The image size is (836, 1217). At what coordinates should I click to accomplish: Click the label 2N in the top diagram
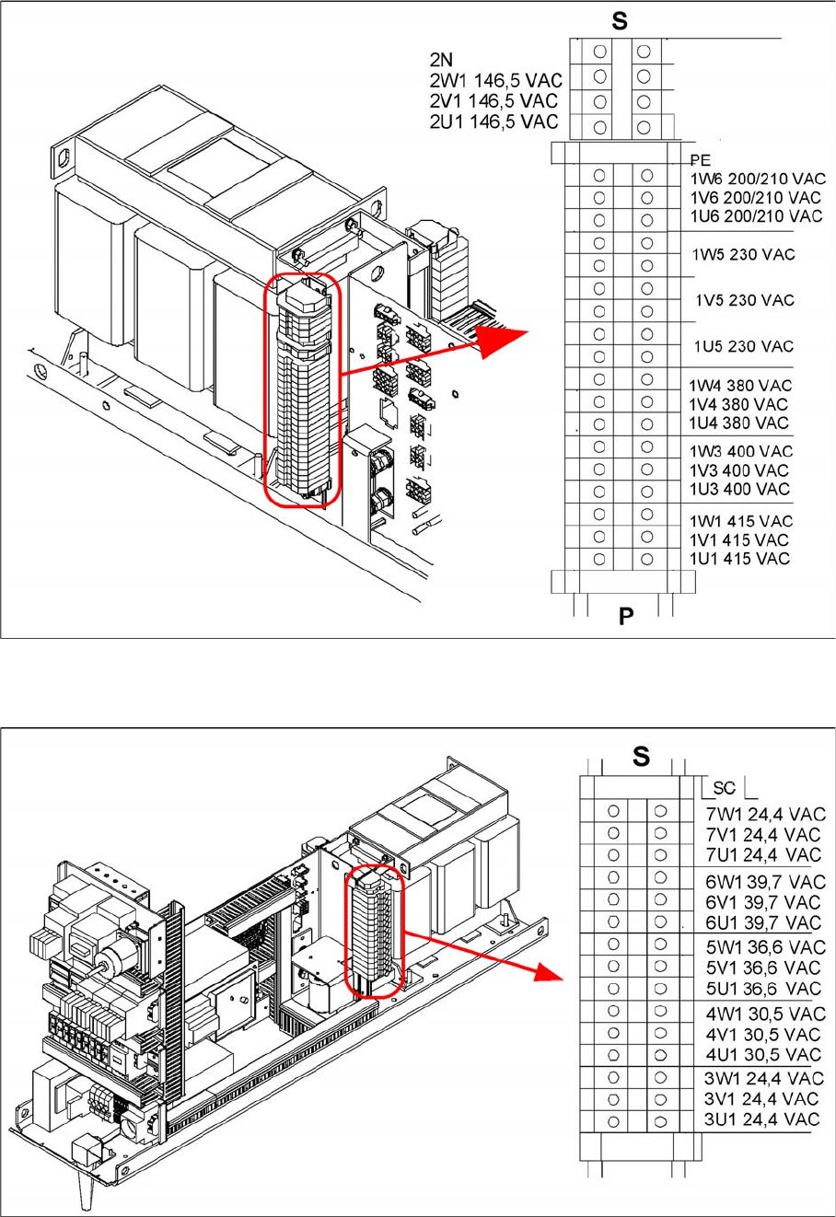(x=441, y=60)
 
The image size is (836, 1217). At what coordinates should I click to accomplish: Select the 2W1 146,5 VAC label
(x=496, y=80)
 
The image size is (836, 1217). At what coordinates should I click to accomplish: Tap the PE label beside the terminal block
(x=701, y=160)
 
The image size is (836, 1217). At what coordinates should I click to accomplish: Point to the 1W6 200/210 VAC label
(x=758, y=179)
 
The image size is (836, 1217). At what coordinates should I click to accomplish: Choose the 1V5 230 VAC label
(x=745, y=300)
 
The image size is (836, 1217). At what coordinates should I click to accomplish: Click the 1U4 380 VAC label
(x=738, y=423)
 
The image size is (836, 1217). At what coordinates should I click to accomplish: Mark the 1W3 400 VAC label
(x=741, y=451)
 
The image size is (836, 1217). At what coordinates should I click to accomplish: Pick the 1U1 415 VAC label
(x=739, y=559)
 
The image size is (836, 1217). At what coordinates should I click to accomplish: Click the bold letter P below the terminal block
(x=626, y=616)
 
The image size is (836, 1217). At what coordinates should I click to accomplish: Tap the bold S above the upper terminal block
(x=620, y=21)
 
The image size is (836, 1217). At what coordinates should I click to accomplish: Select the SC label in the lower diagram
(x=724, y=788)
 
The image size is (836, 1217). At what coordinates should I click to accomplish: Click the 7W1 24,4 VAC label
(x=765, y=815)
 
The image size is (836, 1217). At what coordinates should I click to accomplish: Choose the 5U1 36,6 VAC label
(x=763, y=989)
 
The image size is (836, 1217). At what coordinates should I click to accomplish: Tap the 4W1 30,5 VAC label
(x=765, y=1014)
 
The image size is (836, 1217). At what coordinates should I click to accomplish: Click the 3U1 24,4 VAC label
(x=761, y=1119)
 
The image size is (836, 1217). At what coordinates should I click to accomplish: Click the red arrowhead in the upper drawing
(x=500, y=340)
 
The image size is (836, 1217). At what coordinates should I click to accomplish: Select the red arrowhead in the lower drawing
(x=549, y=970)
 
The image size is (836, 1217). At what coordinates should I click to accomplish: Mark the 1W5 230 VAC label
(x=743, y=254)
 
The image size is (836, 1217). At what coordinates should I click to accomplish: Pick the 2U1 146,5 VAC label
(x=493, y=122)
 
